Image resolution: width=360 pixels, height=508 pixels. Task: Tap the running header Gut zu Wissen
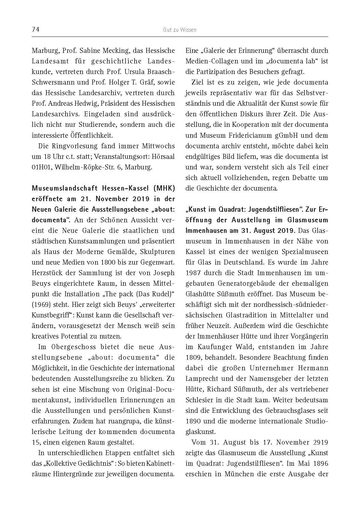point(179,30)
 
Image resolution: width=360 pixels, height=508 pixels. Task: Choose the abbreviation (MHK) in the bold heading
point(163,188)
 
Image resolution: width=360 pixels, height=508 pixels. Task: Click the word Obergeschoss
point(73,347)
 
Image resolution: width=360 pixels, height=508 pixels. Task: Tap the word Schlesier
point(200,400)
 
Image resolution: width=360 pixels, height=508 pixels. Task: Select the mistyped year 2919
point(318,442)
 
